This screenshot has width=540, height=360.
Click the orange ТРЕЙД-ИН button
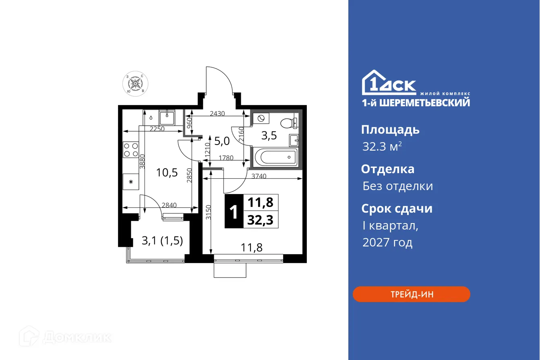(411, 294)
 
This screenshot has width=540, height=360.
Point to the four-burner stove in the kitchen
(130, 149)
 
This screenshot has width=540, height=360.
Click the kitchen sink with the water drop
(167, 118)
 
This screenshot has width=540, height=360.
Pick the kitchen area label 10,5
(167, 173)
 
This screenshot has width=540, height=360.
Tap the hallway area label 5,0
(221, 141)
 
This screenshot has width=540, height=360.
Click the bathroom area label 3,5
(269, 135)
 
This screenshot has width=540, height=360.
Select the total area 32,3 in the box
(261, 220)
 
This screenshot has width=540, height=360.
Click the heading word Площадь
(390, 130)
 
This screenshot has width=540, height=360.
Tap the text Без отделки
(397, 186)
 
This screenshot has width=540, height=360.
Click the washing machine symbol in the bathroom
(261, 118)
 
